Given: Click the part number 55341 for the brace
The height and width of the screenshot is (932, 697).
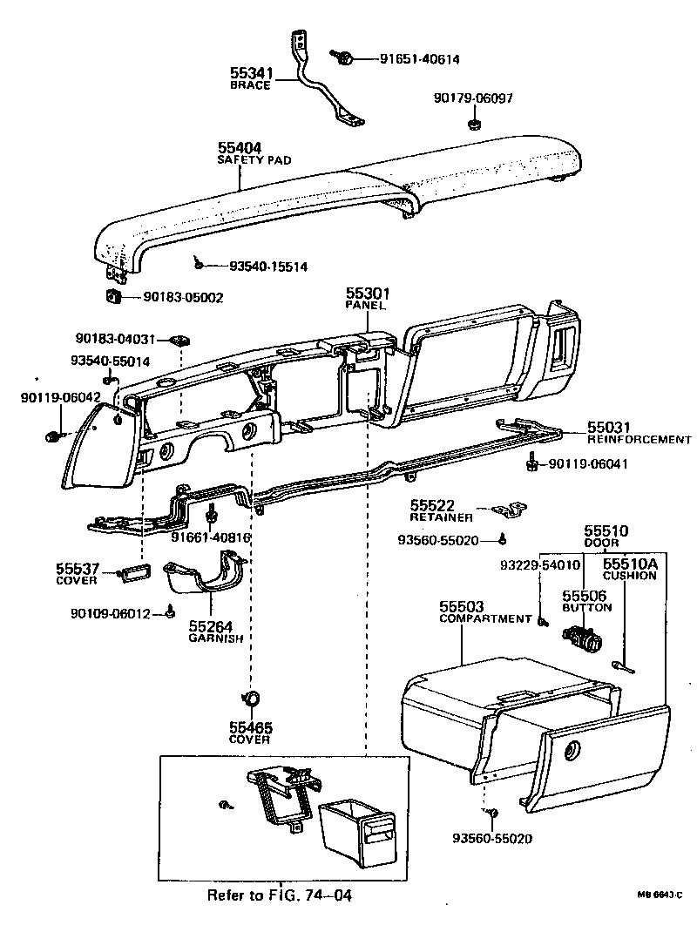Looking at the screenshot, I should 251,73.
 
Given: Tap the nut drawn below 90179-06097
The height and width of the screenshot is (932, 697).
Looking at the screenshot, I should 473,123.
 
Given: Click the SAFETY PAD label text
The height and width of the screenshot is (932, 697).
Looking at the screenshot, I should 254,160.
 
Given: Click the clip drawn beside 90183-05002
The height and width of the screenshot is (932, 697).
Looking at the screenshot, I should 112,296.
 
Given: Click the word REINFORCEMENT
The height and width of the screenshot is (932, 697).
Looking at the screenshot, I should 638,440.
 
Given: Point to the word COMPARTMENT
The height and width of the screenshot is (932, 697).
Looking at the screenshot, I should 484,618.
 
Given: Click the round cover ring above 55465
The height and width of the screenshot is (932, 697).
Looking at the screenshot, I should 251,698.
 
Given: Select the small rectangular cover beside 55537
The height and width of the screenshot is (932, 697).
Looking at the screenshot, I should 141,571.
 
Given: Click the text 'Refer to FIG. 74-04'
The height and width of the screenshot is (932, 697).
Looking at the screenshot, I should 281,895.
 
